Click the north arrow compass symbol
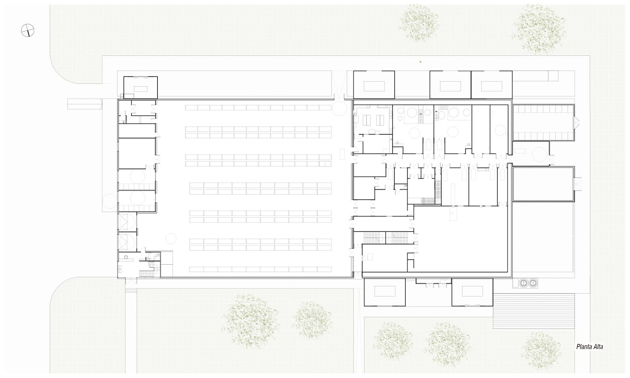[28, 30]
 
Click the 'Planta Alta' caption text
[589, 346]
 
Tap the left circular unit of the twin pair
[523, 283]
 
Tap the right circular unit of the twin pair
[533, 283]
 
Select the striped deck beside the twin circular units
[534, 311]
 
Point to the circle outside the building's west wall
[110, 201]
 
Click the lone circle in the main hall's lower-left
[171, 239]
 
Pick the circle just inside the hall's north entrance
[339, 108]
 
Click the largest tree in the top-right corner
[539, 30]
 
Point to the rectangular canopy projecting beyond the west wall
[85, 104]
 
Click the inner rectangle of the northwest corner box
[141, 89]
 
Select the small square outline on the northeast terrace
[553, 76]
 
